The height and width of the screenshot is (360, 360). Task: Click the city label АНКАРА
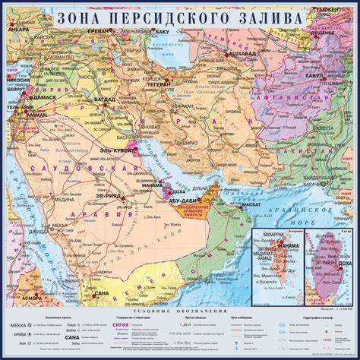21,36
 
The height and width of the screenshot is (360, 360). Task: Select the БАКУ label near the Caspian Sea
162,33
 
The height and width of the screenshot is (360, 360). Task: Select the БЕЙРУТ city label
15,90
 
